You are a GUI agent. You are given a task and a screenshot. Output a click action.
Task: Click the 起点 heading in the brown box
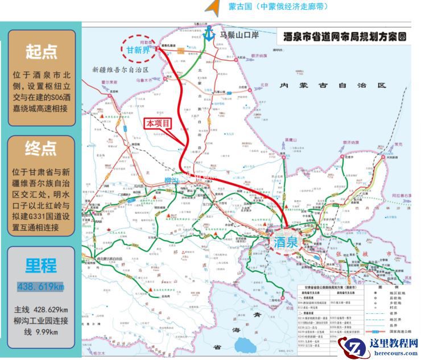click(x=42, y=52)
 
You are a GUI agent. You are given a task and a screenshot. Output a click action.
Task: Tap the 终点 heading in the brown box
click(x=42, y=150)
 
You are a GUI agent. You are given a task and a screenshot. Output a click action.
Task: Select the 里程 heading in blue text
click(x=41, y=266)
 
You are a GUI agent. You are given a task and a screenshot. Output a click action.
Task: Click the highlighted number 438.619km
click(x=41, y=286)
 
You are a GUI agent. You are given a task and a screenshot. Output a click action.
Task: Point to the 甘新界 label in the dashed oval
click(x=137, y=49)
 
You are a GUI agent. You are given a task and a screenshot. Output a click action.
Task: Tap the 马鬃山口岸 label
click(x=240, y=35)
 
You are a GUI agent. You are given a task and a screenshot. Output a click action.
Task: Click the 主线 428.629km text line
click(x=41, y=309)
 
